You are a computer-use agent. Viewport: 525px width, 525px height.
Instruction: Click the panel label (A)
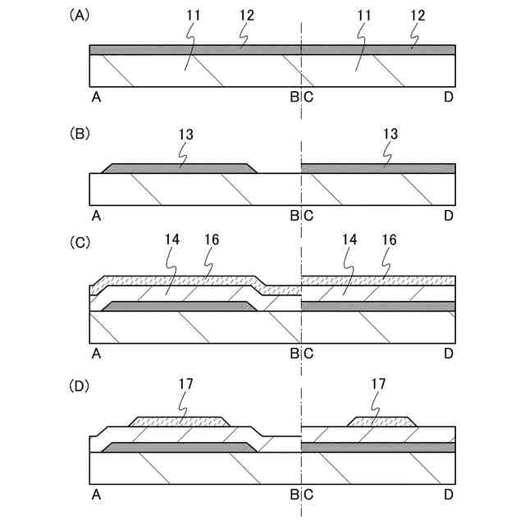tap(80, 14)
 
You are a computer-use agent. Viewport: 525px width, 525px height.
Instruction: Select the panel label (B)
tap(80, 132)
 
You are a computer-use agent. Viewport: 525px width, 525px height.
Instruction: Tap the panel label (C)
tap(80, 244)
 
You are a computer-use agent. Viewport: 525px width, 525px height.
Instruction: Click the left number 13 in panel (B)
tap(185, 132)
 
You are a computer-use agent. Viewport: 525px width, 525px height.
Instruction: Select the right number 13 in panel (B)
tap(390, 132)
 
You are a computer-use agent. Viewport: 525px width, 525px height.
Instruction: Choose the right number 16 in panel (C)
tap(390, 240)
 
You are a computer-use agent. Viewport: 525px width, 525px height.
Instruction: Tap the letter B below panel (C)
tap(294, 354)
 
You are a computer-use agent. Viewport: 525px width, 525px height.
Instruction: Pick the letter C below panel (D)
tap(308, 495)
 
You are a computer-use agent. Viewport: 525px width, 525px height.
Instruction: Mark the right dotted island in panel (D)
tap(381, 422)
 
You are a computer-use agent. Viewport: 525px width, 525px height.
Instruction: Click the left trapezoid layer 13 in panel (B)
tap(179, 168)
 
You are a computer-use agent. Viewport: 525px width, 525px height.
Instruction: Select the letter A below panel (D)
tap(97, 495)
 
